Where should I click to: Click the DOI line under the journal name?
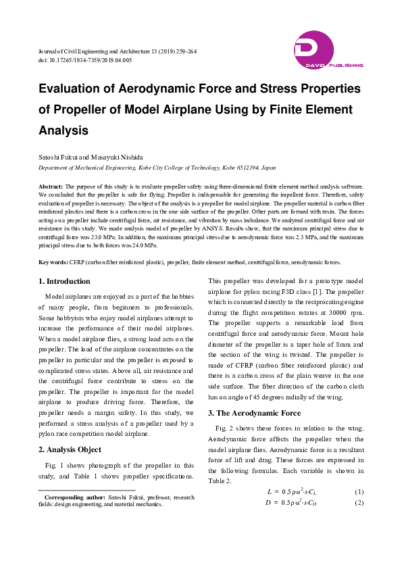point(85,60)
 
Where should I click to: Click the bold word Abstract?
point(51,185)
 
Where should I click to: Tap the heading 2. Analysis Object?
point(70,449)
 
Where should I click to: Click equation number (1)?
point(359,491)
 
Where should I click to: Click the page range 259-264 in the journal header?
point(183,51)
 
